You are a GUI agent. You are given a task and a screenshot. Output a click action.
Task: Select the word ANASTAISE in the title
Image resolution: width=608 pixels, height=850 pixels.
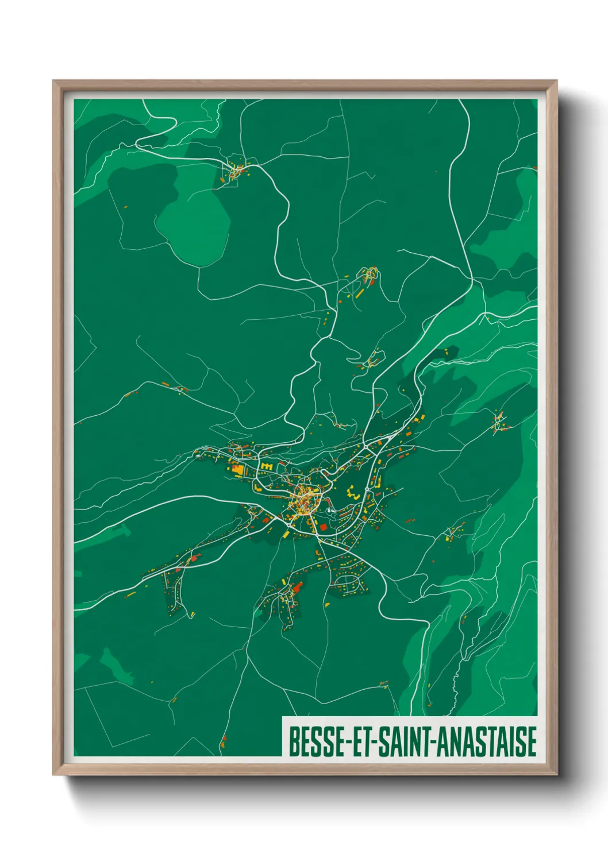pos(487,741)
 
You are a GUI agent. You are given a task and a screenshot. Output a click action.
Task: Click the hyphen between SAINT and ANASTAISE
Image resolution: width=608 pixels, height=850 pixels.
pos(434,743)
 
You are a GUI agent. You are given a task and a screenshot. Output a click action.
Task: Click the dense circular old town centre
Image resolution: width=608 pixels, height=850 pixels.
pos(305,500)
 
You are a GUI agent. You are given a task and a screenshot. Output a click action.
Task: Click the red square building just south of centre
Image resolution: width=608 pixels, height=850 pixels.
pos(323,527)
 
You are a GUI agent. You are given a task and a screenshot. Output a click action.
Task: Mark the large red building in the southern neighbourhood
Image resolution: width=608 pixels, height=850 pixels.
pos(298,587)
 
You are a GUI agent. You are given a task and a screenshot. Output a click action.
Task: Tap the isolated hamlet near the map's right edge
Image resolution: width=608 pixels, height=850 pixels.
pos(499,421)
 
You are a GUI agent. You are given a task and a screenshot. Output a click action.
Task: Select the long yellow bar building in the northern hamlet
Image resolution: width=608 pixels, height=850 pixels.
pos(360,293)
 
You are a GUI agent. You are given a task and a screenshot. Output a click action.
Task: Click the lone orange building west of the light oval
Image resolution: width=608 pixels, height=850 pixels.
pos(125,206)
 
